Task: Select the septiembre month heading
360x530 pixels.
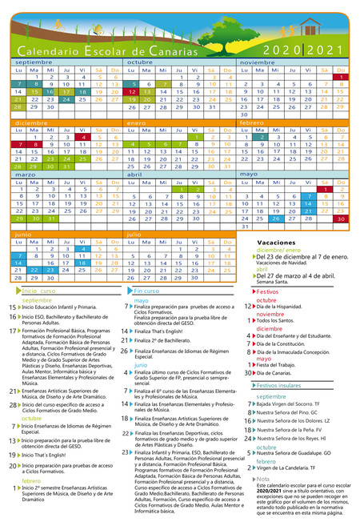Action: [34, 62]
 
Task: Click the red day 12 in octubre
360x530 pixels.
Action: [132, 91]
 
